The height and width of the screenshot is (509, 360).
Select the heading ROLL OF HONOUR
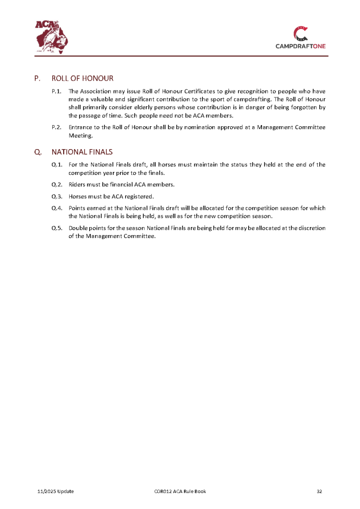[x=82, y=79]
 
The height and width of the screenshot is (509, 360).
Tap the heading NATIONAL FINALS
[x=82, y=152]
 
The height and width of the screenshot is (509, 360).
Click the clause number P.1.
[x=56, y=91]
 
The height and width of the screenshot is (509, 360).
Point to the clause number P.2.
[x=56, y=128]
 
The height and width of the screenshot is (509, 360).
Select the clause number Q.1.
[x=57, y=165]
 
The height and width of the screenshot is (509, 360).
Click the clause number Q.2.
[x=57, y=184]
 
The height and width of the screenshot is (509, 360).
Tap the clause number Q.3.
[x=57, y=196]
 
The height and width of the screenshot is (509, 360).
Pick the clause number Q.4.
[x=57, y=208]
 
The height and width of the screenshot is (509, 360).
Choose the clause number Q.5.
[x=57, y=228]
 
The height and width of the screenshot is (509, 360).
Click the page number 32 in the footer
[x=320, y=492]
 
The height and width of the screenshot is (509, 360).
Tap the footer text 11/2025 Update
[x=56, y=492]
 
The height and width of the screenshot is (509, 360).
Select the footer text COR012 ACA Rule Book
[x=180, y=492]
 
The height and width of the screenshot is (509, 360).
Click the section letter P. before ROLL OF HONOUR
[x=37, y=79]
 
